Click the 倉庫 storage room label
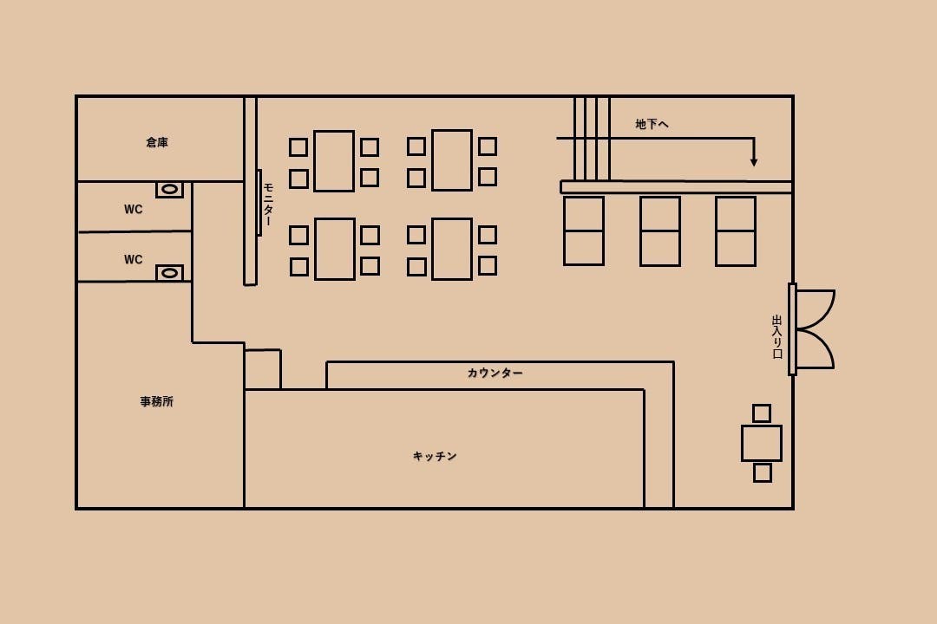[x=157, y=142]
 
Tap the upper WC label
[x=134, y=209]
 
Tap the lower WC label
[x=134, y=259]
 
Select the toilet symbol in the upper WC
[x=170, y=189]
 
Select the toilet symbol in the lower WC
[x=170, y=273]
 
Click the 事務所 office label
[x=156, y=401]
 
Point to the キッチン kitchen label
[x=435, y=456]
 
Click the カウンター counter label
[x=495, y=374]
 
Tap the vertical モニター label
[x=268, y=205]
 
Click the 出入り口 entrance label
[x=776, y=337]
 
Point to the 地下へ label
[x=652, y=124]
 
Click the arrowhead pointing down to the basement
[x=754, y=161]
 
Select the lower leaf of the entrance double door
[x=815, y=349]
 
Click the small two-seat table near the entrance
[x=762, y=443]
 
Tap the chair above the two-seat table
[x=762, y=413]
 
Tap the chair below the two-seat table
[x=763, y=473]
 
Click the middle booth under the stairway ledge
[x=660, y=231]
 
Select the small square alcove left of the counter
[x=262, y=369]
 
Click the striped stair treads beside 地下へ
[x=592, y=139]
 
